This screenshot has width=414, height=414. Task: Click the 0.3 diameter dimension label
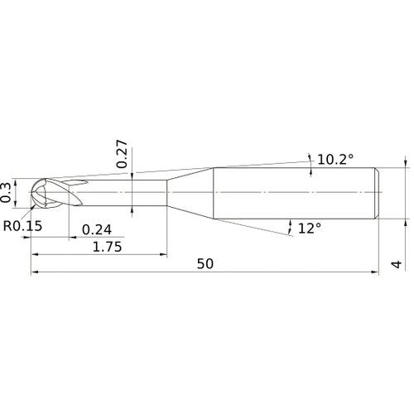(x=7, y=192)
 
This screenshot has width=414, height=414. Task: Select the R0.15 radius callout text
(x=22, y=225)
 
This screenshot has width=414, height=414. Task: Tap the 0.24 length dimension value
(x=97, y=229)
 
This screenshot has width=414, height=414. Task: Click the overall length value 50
(x=206, y=264)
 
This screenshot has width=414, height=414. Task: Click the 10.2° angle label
(x=336, y=157)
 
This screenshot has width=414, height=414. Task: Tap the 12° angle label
(x=309, y=227)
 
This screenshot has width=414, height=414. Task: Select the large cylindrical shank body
(x=294, y=193)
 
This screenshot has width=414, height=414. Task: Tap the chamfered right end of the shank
(x=378, y=193)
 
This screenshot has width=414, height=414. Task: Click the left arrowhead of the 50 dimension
(x=35, y=272)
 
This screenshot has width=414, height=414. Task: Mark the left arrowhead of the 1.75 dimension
(x=35, y=255)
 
